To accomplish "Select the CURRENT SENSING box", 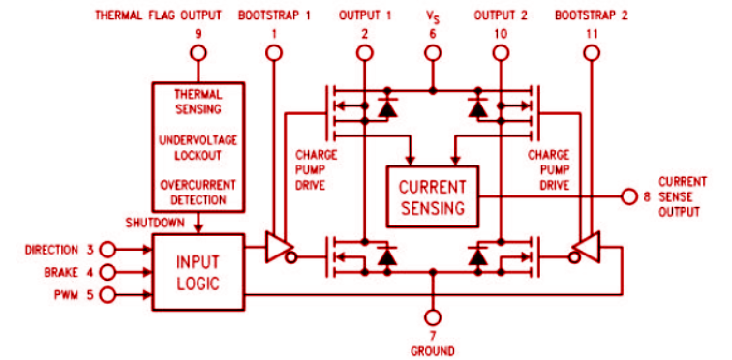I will click(431, 196).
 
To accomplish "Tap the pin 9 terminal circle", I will click(198, 54).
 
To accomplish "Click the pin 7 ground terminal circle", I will click(433, 316).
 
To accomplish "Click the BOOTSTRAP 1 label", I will click(273, 15).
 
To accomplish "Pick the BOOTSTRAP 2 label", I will click(590, 15).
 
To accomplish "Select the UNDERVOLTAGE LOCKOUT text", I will click(198, 148).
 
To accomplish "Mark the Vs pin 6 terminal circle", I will click(432, 54).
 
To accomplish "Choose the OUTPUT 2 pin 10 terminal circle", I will click(500, 54).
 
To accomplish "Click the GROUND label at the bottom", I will click(432, 350).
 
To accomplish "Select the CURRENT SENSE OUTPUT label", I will click(684, 196).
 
